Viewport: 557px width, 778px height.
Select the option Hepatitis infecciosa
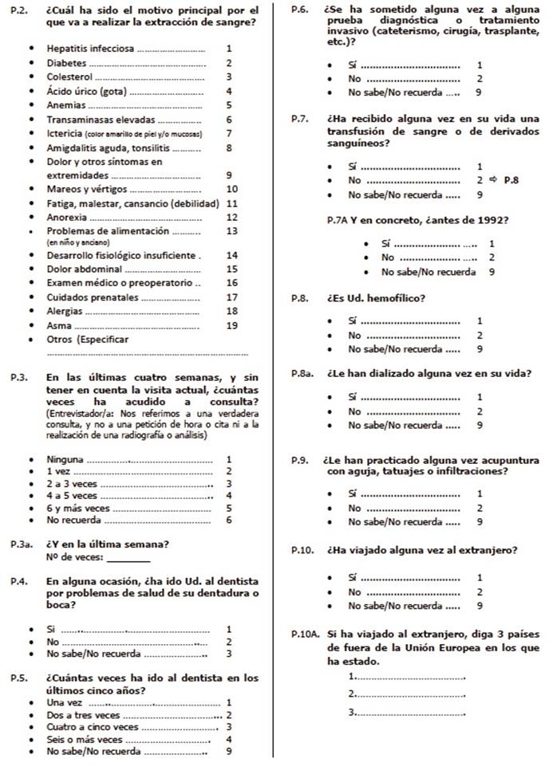point(89,49)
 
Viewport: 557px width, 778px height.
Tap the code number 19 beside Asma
point(231,325)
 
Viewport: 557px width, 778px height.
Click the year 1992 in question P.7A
point(492,220)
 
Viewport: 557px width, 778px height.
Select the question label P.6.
point(300,10)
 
